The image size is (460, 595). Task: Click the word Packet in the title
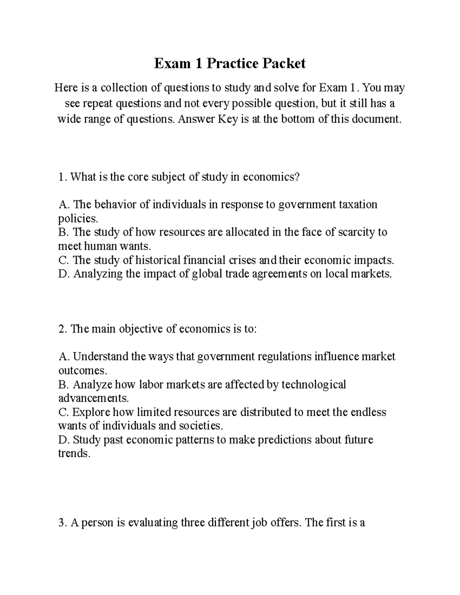284,64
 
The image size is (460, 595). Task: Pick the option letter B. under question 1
64,232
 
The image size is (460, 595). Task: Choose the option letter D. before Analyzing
64,274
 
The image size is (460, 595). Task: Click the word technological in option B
314,384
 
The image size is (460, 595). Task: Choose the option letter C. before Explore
64,412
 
